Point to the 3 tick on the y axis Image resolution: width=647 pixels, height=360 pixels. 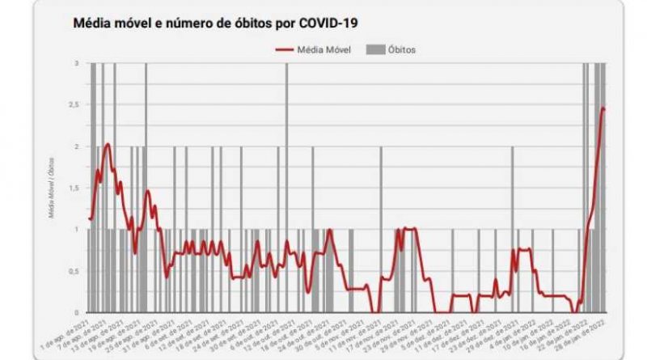click(76, 63)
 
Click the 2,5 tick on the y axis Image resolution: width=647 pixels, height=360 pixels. click(74, 105)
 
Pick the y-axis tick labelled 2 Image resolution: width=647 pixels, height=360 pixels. click(76, 146)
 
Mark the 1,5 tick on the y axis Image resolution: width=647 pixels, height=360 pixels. click(74, 188)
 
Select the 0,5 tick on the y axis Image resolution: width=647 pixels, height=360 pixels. click(74, 271)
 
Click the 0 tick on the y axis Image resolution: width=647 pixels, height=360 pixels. click(76, 312)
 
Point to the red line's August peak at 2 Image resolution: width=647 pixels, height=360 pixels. click(107, 145)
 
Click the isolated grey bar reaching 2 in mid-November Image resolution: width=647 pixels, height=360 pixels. click(381, 230)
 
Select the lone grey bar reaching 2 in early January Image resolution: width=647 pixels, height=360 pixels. click(512, 230)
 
